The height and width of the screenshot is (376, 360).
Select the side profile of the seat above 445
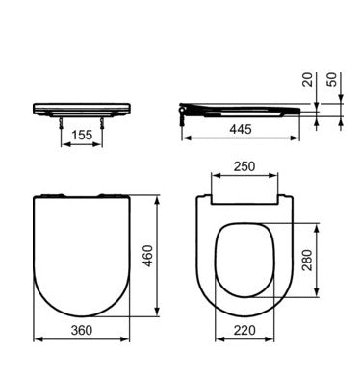coord(245,109)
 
